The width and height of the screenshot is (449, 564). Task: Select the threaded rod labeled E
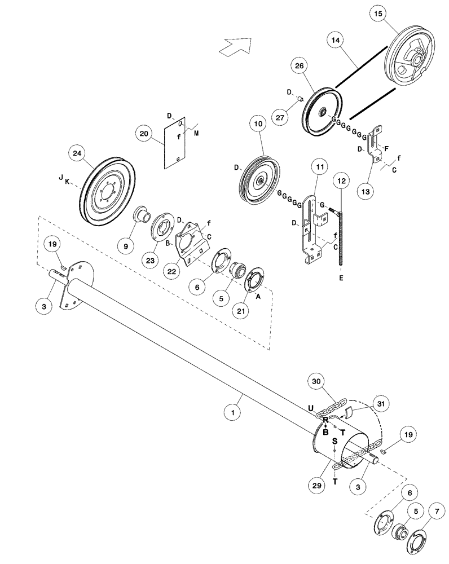click(x=341, y=243)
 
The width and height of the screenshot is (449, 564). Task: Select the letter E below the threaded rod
click(x=341, y=278)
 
